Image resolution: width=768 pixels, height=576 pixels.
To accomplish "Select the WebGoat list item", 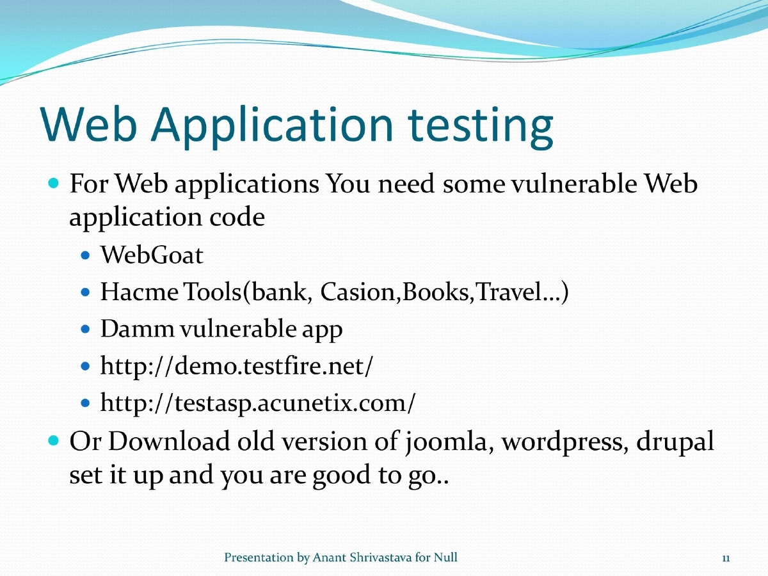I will click(152, 256).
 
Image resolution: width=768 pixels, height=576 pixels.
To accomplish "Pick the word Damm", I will click(137, 330).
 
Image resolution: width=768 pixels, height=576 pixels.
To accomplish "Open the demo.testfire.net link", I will click(237, 367).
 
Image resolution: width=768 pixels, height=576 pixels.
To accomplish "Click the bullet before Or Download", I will click(54, 441).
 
